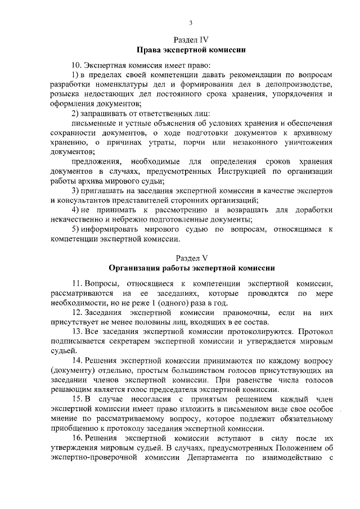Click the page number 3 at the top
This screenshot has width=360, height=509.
tap(191, 22)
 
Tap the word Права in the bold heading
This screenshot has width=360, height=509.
tap(149, 50)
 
